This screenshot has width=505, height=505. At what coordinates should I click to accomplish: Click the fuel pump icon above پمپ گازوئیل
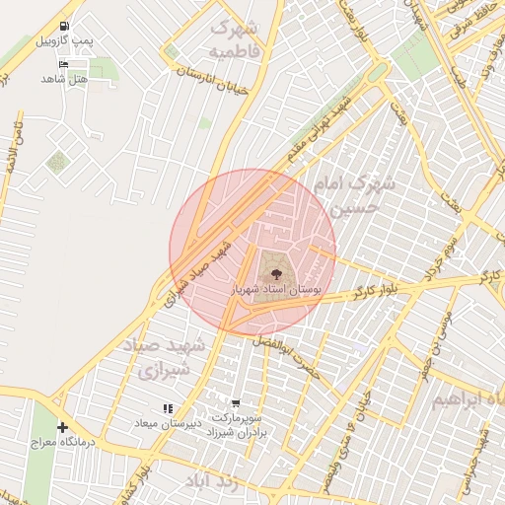pyautogui.click(x=64, y=27)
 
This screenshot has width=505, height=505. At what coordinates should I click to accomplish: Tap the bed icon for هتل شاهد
pyautogui.click(x=64, y=64)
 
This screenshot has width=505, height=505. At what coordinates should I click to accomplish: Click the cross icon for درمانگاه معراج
pyautogui.click(x=63, y=427)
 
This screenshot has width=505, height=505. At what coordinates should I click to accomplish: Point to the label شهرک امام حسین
pyautogui.click(x=353, y=195)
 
